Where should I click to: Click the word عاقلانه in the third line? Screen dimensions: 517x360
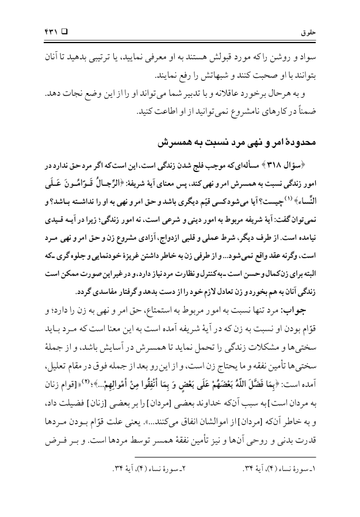click(224, 93)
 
